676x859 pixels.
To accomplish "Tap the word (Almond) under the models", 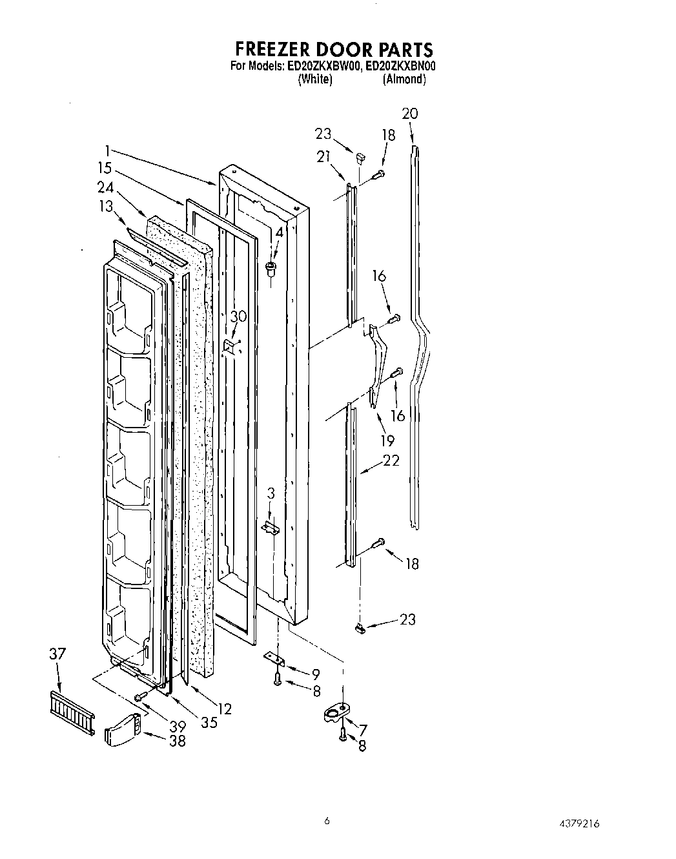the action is point(404,79).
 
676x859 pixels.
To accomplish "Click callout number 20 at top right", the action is point(409,114).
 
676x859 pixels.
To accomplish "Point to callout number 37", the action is point(57,654).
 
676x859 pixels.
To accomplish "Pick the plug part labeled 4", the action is point(271,266).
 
